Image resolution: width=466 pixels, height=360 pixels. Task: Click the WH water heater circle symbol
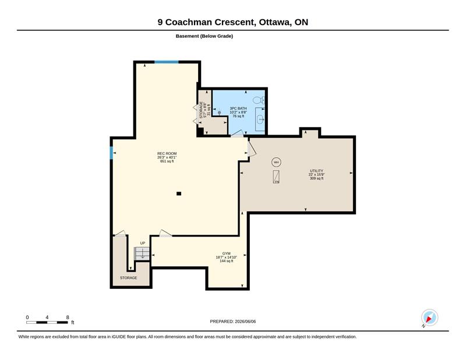pyautogui.click(x=276, y=163)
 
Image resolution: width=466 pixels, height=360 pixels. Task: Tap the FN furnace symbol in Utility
pyautogui.click(x=276, y=177)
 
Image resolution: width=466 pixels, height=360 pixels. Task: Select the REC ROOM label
pyautogui.click(x=167, y=153)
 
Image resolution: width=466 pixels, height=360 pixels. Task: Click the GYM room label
pyautogui.click(x=227, y=253)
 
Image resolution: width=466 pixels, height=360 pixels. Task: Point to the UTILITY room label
pyautogui.click(x=316, y=171)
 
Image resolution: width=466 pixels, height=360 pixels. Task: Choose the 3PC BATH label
pyautogui.click(x=238, y=108)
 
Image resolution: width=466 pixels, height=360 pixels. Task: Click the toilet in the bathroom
pyautogui.click(x=259, y=100)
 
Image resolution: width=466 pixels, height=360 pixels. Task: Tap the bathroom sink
pyautogui.click(x=260, y=119)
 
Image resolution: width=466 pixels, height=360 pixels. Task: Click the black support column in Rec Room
pyautogui.click(x=179, y=193)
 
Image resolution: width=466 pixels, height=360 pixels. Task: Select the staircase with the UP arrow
pyautogui.click(x=142, y=253)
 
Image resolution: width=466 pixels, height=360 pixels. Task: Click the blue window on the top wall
pyautogui.click(x=167, y=62)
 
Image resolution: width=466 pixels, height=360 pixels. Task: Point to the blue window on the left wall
pyautogui.click(x=111, y=153)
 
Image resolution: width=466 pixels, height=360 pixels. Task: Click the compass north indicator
pyautogui.click(x=429, y=317)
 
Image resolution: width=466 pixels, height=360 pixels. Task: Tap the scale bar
pyautogui.click(x=47, y=323)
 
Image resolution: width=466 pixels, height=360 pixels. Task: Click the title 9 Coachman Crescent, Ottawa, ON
pyautogui.click(x=232, y=22)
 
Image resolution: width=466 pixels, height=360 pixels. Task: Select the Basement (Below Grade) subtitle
pyautogui.click(x=204, y=36)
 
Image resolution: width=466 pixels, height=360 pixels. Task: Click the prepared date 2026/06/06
pyautogui.click(x=245, y=322)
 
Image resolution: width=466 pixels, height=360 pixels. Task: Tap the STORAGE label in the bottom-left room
pyautogui.click(x=128, y=278)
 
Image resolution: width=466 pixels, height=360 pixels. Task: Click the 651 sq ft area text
pyautogui.click(x=167, y=161)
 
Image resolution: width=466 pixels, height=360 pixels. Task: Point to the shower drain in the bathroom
pyautogui.click(x=220, y=112)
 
